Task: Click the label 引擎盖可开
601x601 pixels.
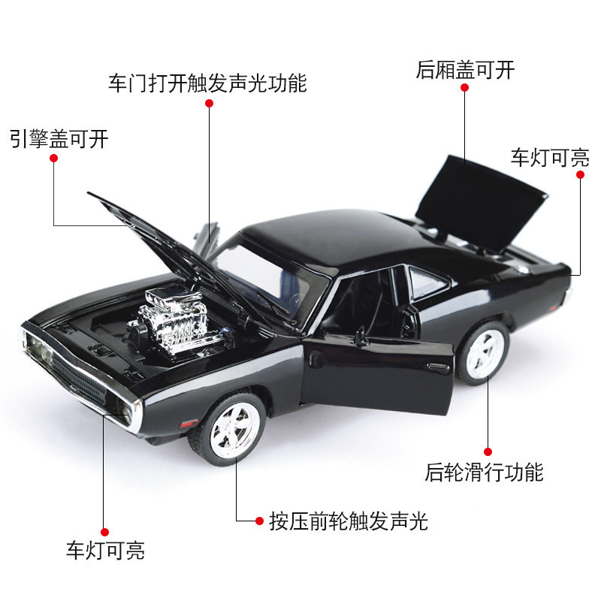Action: [x=59, y=139]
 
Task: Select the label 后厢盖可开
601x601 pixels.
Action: [x=465, y=70]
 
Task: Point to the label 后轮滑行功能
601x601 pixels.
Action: [x=484, y=472]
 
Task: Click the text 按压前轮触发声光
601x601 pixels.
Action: [x=349, y=521]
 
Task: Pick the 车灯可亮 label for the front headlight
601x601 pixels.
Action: [x=104, y=550]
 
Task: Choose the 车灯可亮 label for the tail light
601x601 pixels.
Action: [x=550, y=157]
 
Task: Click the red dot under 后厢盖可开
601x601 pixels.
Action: [x=465, y=88]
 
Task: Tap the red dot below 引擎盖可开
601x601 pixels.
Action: [x=54, y=156]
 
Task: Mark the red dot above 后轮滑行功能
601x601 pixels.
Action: [x=487, y=452]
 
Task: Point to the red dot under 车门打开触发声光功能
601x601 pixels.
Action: [x=210, y=104]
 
